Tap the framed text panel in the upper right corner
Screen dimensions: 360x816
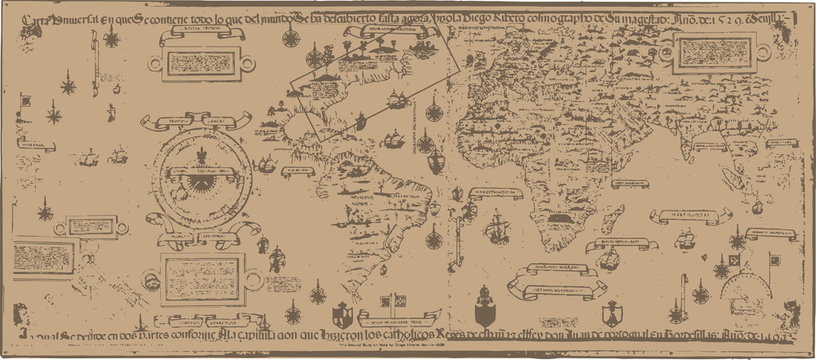(715, 58)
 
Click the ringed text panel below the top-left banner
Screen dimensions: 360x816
(202, 63)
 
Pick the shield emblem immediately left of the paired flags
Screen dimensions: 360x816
(344, 309)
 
